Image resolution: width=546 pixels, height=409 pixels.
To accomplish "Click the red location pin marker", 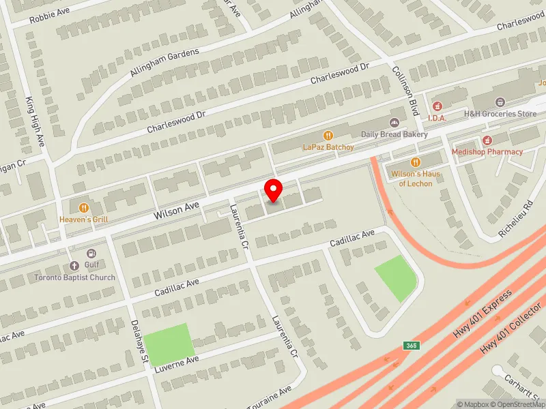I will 274,190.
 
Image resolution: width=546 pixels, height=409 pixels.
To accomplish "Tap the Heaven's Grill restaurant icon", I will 84,207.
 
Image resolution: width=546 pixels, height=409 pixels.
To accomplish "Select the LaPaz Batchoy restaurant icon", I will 328,135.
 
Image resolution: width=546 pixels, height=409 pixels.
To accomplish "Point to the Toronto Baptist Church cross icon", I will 75,266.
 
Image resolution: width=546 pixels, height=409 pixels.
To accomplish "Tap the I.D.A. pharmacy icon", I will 437,107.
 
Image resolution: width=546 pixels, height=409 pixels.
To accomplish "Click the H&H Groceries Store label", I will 500,114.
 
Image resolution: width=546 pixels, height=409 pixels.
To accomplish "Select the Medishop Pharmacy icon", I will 487,140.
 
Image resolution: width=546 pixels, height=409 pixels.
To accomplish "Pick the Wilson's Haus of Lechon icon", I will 416,162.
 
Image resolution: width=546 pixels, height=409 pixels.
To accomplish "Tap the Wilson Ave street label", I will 176,210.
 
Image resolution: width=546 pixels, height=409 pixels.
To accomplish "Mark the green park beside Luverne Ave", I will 168,345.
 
